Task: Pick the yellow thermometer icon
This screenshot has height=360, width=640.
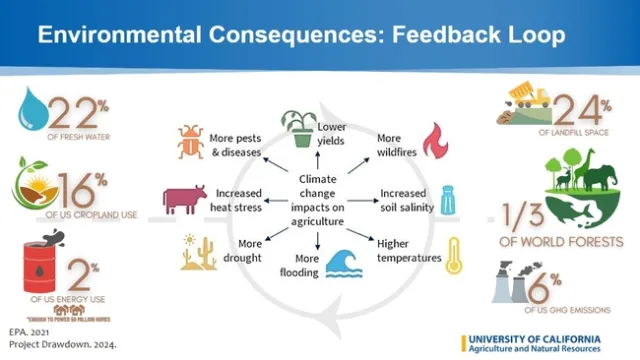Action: click(455, 254)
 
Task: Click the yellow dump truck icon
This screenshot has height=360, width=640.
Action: click(522, 98)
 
